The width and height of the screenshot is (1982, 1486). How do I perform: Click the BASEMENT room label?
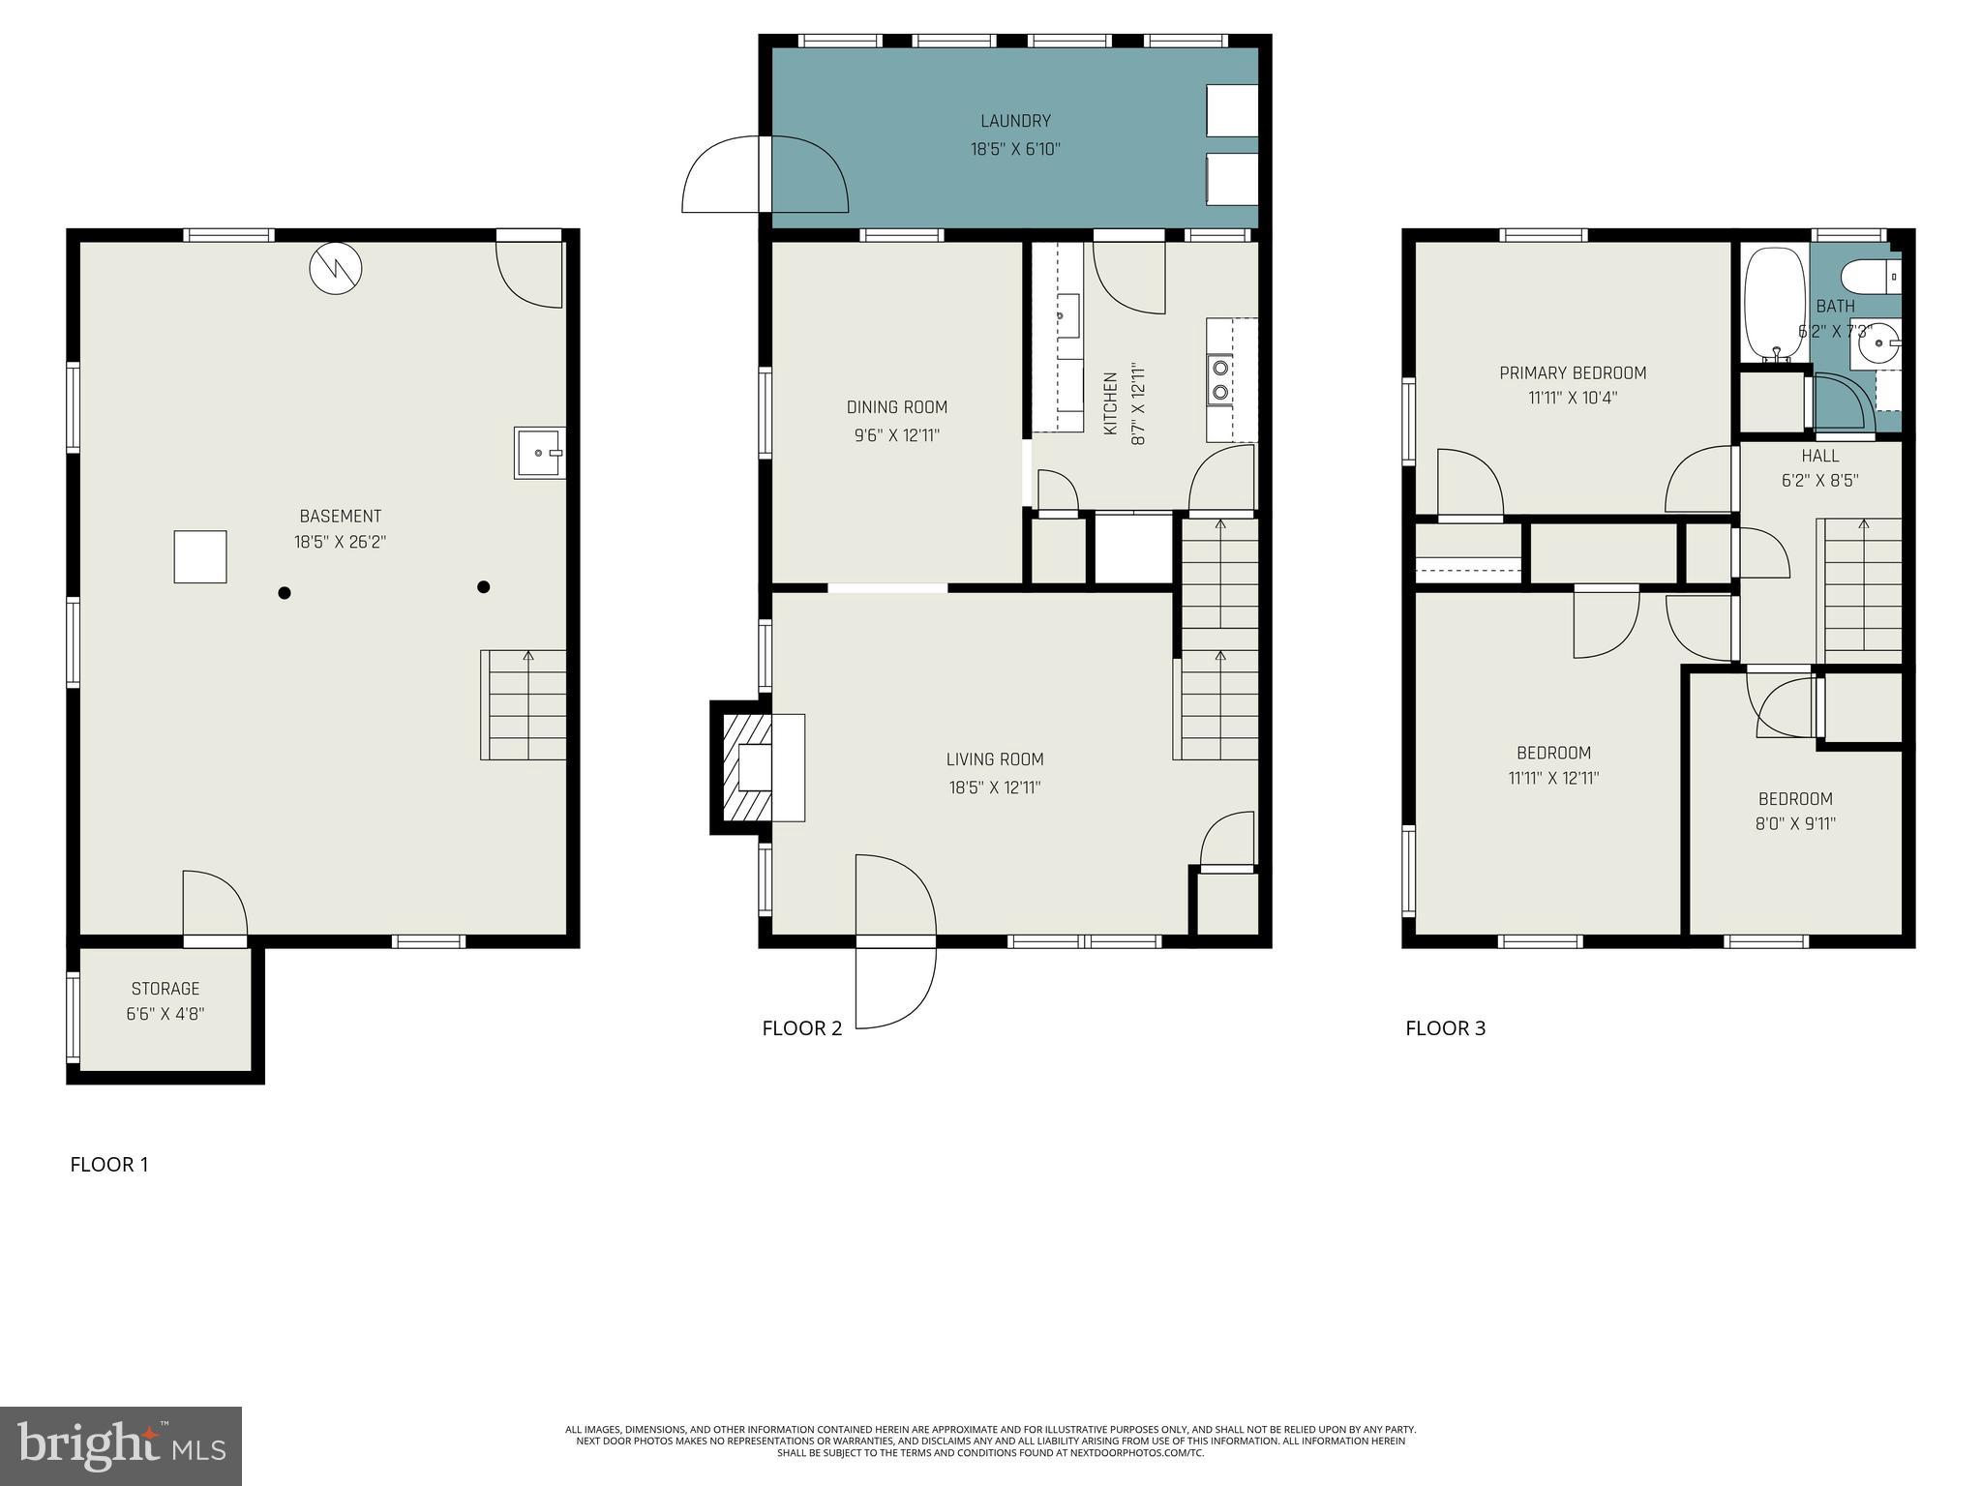[x=340, y=517]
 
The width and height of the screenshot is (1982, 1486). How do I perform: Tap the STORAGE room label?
[x=165, y=989]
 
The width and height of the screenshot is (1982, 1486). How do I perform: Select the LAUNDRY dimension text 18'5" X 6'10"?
[x=1015, y=149]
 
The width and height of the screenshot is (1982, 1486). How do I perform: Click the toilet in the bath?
[x=1867, y=277]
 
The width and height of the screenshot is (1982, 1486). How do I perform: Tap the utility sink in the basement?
[x=539, y=453]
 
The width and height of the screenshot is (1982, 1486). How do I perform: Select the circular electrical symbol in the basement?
[x=335, y=268]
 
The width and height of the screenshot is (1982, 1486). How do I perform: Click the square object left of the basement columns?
[x=200, y=557]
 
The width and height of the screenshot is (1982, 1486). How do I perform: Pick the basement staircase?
[x=524, y=705]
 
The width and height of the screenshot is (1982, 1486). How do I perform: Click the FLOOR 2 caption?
[x=802, y=1028]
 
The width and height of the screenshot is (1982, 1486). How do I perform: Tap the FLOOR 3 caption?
[x=1445, y=1028]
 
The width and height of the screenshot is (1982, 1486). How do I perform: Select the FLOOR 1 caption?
[x=109, y=1165]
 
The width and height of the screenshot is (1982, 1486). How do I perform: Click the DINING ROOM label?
[x=897, y=407]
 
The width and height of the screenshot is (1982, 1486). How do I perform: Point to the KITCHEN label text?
[x=1111, y=404]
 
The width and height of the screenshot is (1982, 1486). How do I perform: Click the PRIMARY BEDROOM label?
[x=1573, y=373]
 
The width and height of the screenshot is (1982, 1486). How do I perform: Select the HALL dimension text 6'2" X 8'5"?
[x=1819, y=481]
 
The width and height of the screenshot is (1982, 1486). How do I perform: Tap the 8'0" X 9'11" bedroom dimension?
[x=1796, y=824]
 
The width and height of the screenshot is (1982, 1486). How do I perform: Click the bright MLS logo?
[x=121, y=1446]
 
